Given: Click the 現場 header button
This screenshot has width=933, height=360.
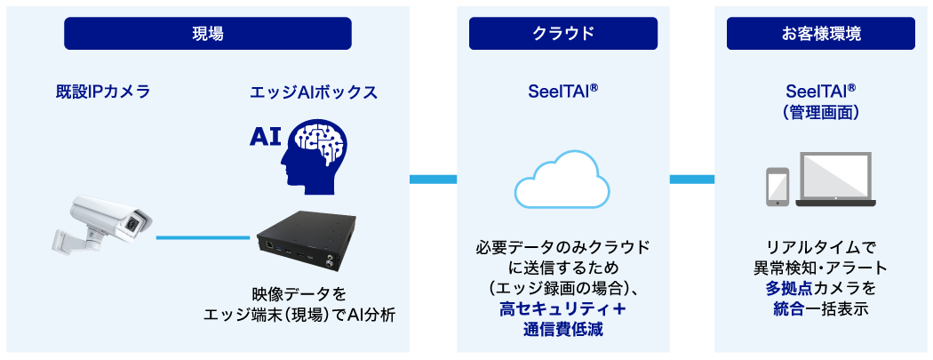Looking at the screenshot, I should tap(208, 34).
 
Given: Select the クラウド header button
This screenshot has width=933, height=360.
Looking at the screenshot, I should tap(563, 34).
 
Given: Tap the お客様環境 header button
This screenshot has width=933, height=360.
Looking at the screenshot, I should tap(821, 34).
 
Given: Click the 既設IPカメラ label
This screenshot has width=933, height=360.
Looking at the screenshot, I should tap(98, 92).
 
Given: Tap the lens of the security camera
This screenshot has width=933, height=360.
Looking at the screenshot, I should tap(133, 223).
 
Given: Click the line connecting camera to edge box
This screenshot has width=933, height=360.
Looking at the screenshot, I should tap(203, 237).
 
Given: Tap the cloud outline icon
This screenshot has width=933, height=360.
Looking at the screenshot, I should tap(562, 182).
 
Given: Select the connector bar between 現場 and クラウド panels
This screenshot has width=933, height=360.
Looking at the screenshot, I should tap(433, 180).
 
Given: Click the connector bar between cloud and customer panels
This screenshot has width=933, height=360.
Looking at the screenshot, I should tap(692, 180).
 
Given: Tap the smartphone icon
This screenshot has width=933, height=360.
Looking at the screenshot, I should tap(777, 185).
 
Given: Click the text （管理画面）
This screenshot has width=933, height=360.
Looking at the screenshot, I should tap(820, 113).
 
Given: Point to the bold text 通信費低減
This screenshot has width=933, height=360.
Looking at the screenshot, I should tap(563, 331).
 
